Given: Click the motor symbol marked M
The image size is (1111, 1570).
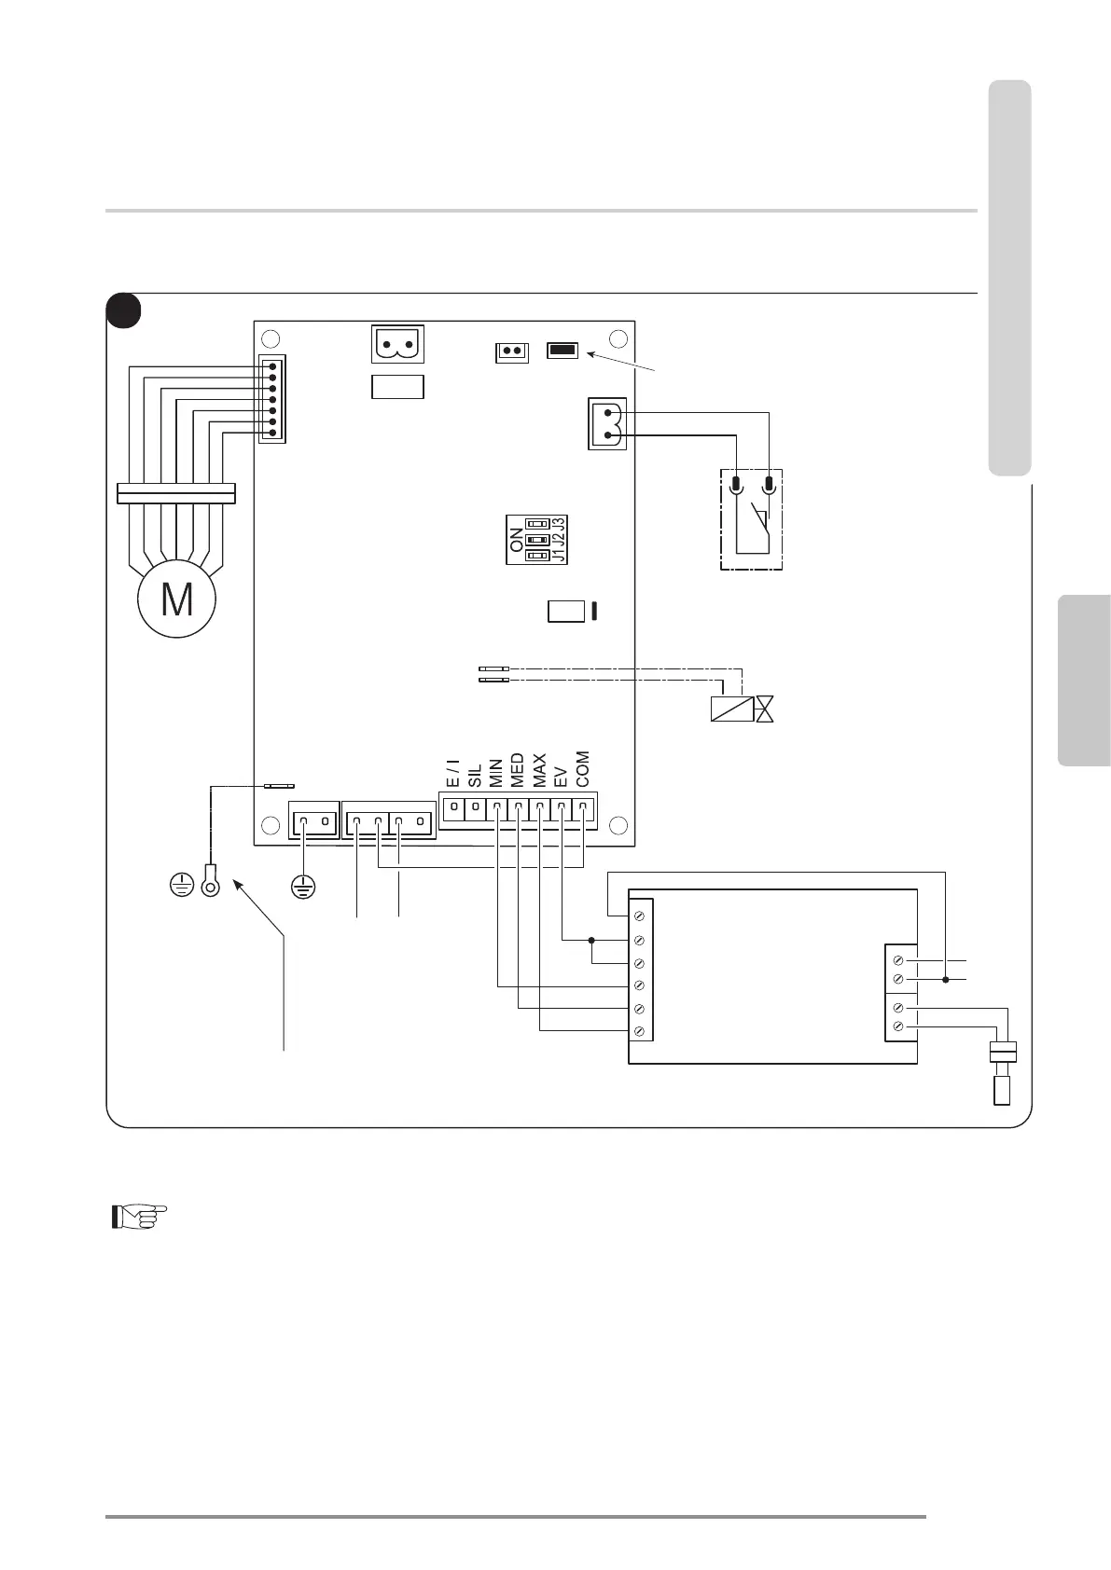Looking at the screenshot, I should tap(176, 600).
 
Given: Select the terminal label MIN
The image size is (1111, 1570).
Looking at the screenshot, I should tap(496, 774).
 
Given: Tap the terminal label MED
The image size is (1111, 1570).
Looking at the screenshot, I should tap(517, 772).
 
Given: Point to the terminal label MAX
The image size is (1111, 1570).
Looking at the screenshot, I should tap(538, 772).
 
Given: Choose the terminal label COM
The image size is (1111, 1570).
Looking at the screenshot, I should tap(582, 770).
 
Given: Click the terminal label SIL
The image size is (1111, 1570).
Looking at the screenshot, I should tap(475, 777).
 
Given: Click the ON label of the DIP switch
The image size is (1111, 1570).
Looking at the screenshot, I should tap(518, 540).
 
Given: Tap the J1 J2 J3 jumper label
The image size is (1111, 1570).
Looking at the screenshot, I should tap(558, 539).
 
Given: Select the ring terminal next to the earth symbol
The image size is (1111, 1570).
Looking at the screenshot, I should tap(211, 883).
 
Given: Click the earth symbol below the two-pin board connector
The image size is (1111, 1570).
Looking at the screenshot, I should tap(302, 886).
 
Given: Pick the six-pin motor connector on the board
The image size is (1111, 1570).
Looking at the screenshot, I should tap(272, 399).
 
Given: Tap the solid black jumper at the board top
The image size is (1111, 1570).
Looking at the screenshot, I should tap(562, 351).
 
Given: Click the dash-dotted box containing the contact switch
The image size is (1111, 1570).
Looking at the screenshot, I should tap(751, 519).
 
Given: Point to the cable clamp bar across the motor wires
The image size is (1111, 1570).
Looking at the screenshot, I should tap(176, 492).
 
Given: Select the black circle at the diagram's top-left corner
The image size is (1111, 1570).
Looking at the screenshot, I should tap(124, 311).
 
